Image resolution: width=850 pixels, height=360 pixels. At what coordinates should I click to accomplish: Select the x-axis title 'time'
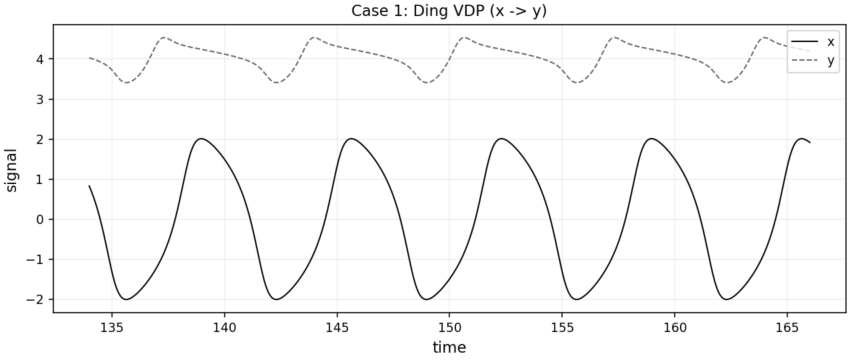(449, 347)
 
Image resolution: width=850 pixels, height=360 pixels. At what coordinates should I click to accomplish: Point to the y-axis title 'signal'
(11, 170)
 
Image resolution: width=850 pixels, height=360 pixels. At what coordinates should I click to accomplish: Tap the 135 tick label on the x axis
(112, 328)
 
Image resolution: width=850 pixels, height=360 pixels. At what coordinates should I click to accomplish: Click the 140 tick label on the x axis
(224, 328)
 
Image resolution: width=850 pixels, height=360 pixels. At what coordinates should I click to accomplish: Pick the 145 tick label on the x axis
(337, 328)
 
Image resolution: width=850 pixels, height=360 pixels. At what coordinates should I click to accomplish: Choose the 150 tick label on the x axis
(449, 328)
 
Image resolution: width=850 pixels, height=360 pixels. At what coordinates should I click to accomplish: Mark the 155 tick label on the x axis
(562, 328)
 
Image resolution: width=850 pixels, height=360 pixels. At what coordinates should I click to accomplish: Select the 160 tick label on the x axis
(675, 328)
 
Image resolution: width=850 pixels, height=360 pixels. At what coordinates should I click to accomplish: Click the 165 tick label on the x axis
(787, 328)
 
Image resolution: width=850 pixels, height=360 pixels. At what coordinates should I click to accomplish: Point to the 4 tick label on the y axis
(40, 59)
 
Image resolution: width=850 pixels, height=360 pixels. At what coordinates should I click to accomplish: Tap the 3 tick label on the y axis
(40, 99)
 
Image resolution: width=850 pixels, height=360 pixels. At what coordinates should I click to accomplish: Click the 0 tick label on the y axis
(40, 219)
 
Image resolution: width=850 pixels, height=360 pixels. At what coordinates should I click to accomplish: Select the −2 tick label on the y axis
(35, 300)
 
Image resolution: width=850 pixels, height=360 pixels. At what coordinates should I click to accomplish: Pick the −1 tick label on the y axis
(35, 259)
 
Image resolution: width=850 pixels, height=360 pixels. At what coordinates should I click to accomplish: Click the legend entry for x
(813, 42)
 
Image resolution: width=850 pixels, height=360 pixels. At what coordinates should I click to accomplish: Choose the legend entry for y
(813, 60)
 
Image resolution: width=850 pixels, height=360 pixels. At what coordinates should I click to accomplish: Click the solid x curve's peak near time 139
(201, 139)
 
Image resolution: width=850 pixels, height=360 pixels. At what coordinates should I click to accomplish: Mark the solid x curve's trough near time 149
(427, 299)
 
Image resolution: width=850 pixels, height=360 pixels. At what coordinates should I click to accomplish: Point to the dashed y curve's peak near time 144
(314, 37)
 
